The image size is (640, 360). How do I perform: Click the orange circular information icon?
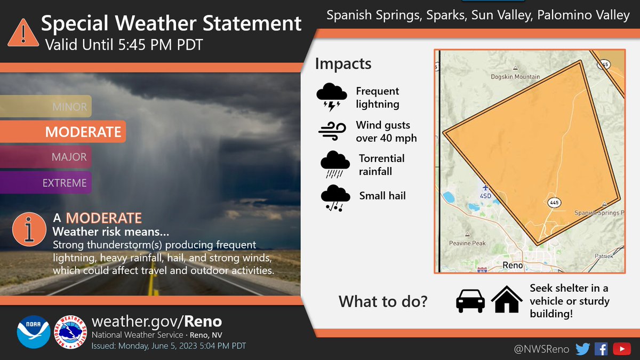coord(29,229)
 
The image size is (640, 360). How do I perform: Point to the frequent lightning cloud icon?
coord(332,97)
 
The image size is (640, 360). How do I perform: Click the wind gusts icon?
coord(332,131)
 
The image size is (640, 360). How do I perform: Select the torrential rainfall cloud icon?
coord(334,164)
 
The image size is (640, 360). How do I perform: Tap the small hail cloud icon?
coord(334,197)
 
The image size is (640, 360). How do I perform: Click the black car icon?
coord(470,301)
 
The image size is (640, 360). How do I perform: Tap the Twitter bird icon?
coord(582,349)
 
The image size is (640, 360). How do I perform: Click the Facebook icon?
coord(601,349)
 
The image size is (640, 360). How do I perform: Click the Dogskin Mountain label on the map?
coord(515,77)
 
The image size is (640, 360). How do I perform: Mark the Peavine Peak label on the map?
coord(467,243)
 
